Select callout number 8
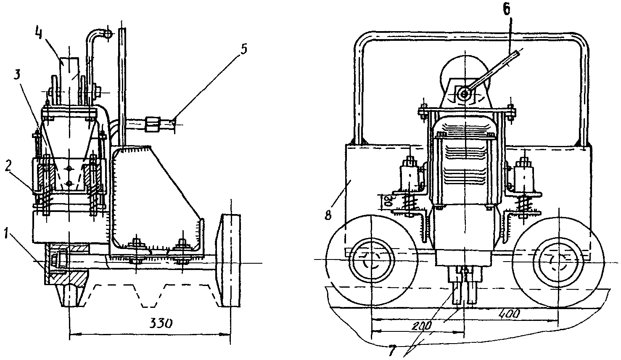pyautogui.click(x=328, y=214)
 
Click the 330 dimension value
pyautogui.click(x=161, y=323)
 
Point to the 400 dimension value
pyautogui.click(x=509, y=314)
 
